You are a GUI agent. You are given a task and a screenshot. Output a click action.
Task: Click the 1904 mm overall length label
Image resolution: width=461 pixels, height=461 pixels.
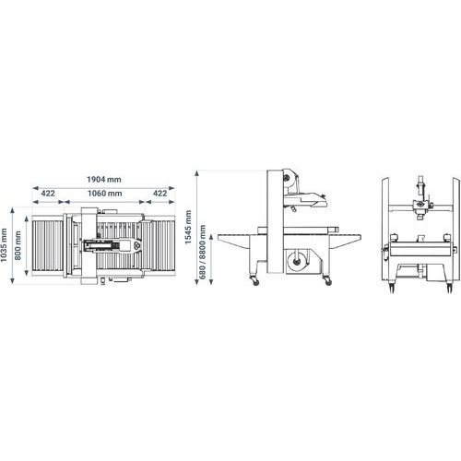(104, 179)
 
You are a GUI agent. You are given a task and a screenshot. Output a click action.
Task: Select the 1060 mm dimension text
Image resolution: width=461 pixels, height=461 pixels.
(105, 194)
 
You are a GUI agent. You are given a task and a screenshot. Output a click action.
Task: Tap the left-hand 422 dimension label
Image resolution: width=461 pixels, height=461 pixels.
(48, 194)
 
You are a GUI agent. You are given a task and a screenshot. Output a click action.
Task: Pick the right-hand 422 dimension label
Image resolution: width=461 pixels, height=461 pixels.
(160, 194)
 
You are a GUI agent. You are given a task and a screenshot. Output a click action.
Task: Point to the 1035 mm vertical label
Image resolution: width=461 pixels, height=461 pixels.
(4, 245)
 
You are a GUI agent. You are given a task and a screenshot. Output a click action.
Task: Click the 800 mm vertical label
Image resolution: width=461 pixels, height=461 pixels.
(18, 245)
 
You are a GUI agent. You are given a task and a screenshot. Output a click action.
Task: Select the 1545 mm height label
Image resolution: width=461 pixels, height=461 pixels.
(188, 227)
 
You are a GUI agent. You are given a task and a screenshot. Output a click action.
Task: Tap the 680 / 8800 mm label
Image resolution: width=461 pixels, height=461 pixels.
(203, 252)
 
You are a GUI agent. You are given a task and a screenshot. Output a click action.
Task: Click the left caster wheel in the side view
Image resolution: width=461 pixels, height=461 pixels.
(255, 281)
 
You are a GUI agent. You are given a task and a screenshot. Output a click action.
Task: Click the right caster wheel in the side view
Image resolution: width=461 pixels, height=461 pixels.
(328, 281)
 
